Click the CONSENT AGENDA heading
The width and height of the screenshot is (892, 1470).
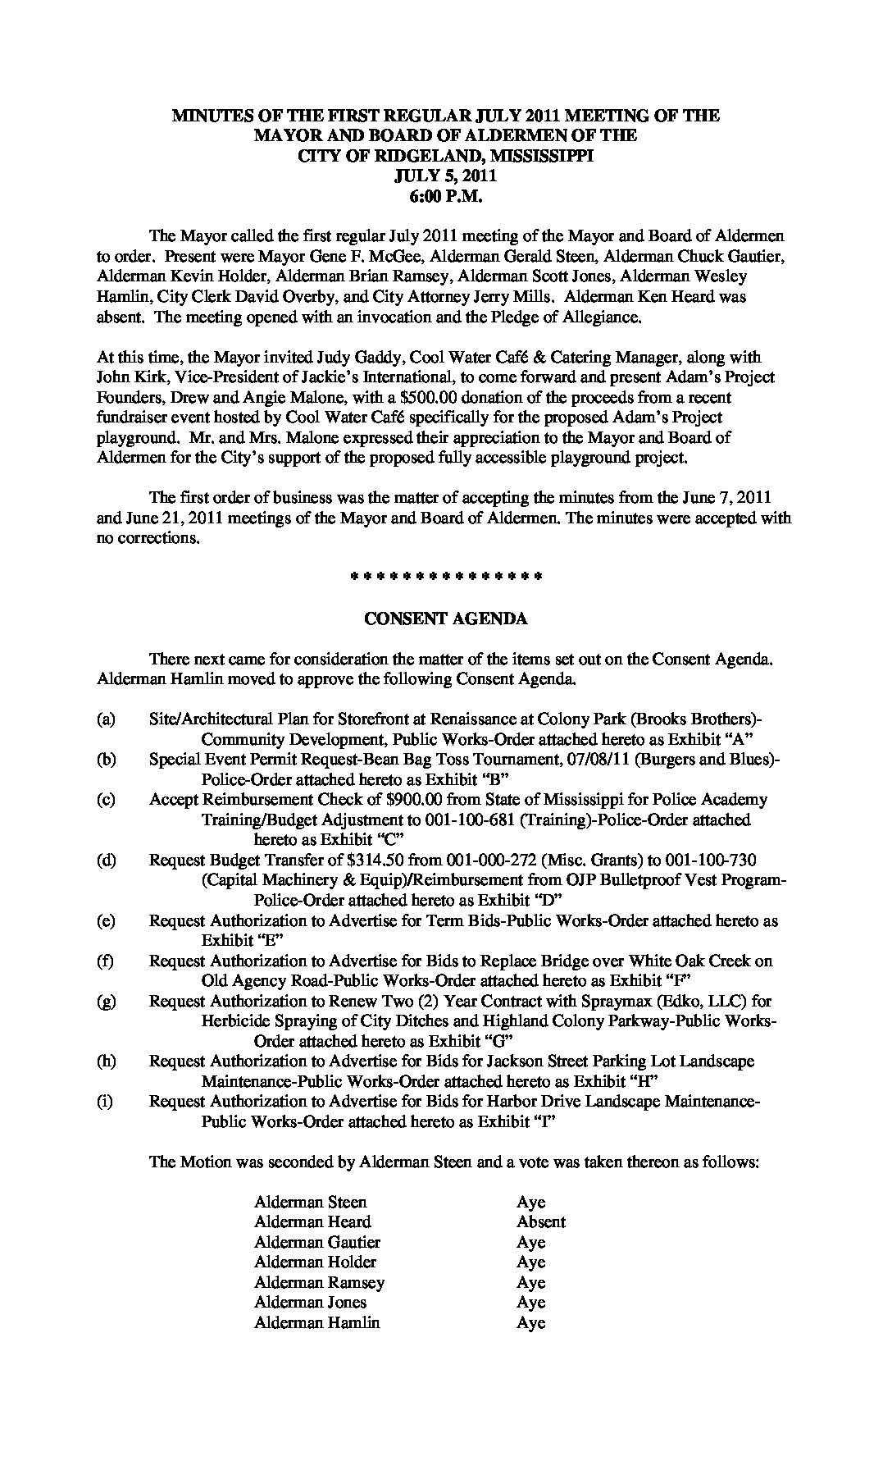[x=445, y=619]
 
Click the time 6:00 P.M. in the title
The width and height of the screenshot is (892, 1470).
[x=445, y=194]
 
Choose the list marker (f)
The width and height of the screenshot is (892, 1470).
[x=105, y=961]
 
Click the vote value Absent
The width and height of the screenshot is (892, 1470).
[x=540, y=1221]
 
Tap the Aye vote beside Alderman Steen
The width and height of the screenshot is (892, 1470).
[x=530, y=1202]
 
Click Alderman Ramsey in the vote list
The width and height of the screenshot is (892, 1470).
[x=319, y=1282]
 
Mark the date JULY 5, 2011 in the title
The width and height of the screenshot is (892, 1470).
[x=445, y=175]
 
